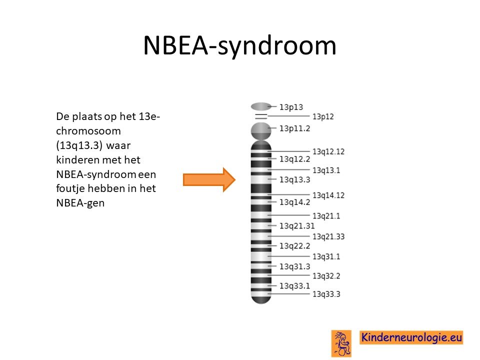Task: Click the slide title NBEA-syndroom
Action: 239,45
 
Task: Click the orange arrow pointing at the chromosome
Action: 209,179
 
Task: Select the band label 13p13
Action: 291,107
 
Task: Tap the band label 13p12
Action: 323,116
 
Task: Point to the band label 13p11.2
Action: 294,128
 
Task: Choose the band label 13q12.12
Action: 328,151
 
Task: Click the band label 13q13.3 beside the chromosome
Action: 294,179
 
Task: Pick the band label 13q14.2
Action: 294,202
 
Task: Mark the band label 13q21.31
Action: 296,226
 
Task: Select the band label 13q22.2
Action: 294,246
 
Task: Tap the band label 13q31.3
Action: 294,266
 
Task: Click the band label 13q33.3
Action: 326,294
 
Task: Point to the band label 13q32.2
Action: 326,276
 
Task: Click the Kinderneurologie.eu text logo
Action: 411,337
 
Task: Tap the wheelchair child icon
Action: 341,343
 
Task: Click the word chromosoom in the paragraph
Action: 88,131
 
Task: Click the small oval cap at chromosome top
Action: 261,106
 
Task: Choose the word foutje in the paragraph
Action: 70,188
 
